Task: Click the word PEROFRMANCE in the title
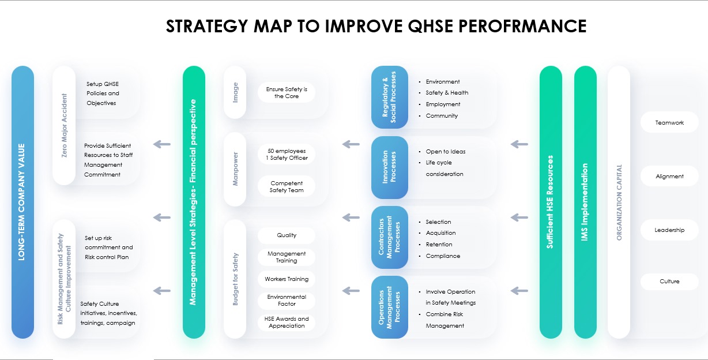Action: [x=522, y=27]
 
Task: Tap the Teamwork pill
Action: [x=669, y=122]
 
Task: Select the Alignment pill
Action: [x=669, y=176]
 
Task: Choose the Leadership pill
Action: [x=669, y=230]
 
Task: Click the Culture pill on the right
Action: [x=669, y=281]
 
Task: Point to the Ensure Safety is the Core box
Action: [x=287, y=93]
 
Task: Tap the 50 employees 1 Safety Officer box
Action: [x=287, y=155]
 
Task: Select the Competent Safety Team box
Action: [x=287, y=187]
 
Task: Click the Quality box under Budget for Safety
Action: [x=287, y=235]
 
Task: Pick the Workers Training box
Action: [x=287, y=279]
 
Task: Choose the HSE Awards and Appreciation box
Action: [x=287, y=322]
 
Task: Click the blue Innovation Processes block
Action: [x=389, y=167]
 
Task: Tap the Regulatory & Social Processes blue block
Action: [x=389, y=97]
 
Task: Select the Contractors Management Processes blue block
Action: [x=389, y=238]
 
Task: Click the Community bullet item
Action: [x=442, y=116]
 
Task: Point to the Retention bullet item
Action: [x=439, y=244]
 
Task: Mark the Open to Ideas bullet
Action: [x=445, y=152]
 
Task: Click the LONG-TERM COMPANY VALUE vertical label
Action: [x=21, y=202]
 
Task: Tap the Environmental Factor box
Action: [x=287, y=301]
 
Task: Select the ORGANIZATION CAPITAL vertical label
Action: [x=619, y=202]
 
